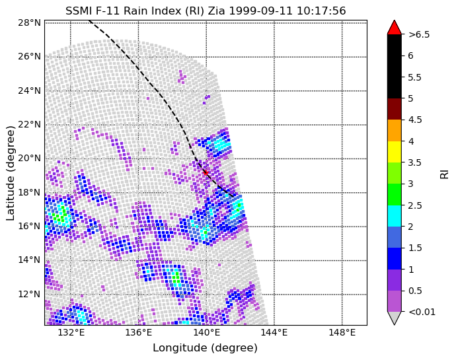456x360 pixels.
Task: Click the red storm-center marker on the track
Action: click(x=205, y=172)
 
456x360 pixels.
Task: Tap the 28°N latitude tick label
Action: click(x=29, y=22)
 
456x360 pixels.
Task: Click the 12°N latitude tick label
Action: click(x=29, y=294)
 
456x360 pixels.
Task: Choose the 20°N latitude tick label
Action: click(x=29, y=158)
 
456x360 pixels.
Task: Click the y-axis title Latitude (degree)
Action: click(x=11, y=174)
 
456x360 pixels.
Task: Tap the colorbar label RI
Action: click(x=445, y=173)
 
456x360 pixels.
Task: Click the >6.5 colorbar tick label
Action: click(x=419, y=34)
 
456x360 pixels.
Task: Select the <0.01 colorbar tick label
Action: click(x=421, y=312)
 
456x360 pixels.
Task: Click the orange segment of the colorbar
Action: click(x=395, y=130)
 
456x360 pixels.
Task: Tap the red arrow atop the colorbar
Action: click(x=395, y=27)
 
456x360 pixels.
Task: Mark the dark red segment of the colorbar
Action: click(x=395, y=108)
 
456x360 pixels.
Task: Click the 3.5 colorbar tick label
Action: click(x=414, y=162)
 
